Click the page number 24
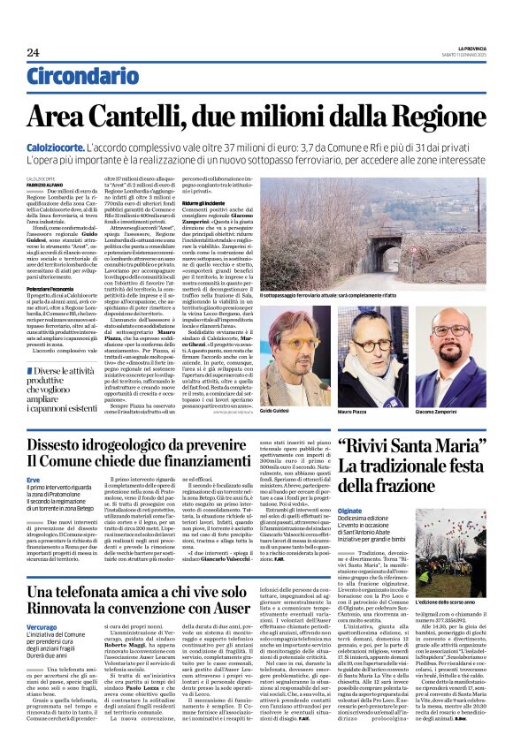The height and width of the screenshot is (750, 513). (x=33, y=52)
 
